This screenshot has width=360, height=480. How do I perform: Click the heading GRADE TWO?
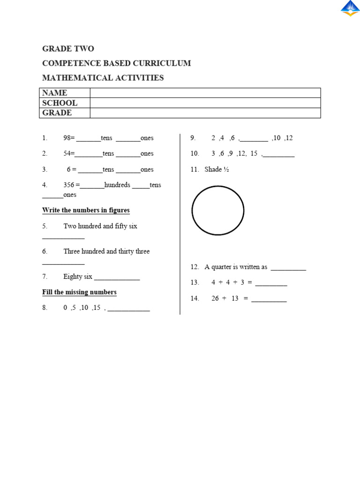click(68, 49)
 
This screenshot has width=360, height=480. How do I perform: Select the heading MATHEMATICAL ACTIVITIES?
click(103, 78)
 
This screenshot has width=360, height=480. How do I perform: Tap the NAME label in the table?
click(55, 93)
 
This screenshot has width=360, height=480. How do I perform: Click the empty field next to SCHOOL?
click(205, 103)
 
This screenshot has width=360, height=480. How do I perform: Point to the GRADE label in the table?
click(57, 113)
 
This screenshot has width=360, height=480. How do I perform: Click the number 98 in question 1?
click(67, 138)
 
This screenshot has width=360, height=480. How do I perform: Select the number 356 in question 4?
click(68, 185)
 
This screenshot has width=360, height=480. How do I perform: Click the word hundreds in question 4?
click(117, 185)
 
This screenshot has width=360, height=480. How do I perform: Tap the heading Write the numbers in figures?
click(86, 210)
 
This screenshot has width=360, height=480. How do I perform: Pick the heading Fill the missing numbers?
click(79, 292)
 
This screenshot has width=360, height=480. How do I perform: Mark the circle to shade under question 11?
click(218, 210)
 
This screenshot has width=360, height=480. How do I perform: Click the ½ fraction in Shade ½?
click(226, 170)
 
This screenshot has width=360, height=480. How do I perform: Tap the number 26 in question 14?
click(215, 299)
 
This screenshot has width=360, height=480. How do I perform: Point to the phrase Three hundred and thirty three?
click(106, 252)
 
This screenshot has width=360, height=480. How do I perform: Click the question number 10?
click(195, 154)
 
